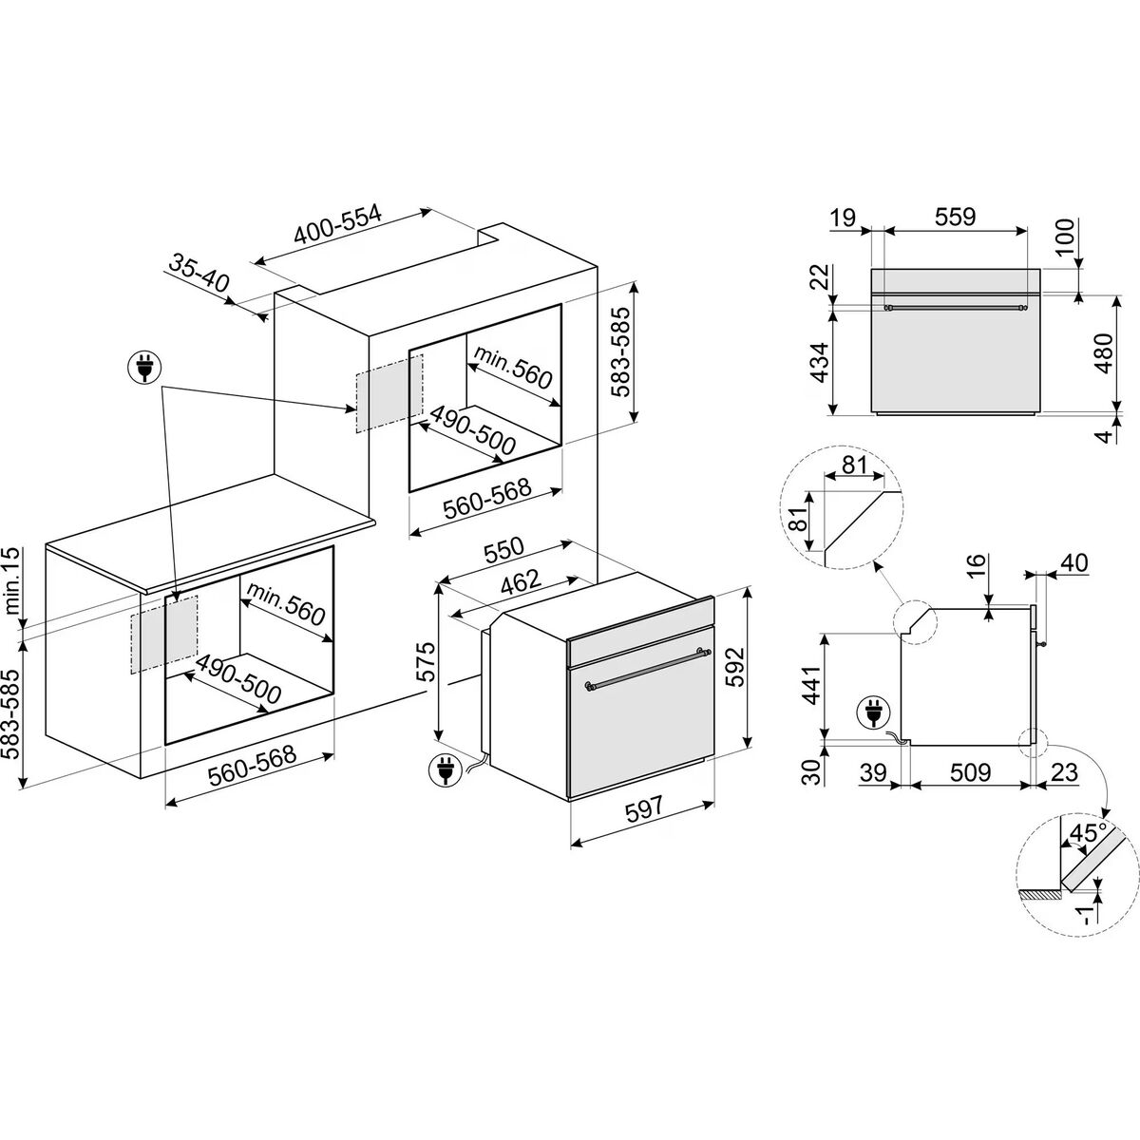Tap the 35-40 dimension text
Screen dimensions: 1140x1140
point(200,270)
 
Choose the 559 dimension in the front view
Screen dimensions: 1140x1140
point(954,217)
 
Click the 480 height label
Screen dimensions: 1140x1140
point(1104,352)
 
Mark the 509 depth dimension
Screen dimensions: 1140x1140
point(969,773)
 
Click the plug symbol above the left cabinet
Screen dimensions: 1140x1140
point(144,368)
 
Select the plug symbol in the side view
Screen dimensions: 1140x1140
point(871,712)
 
